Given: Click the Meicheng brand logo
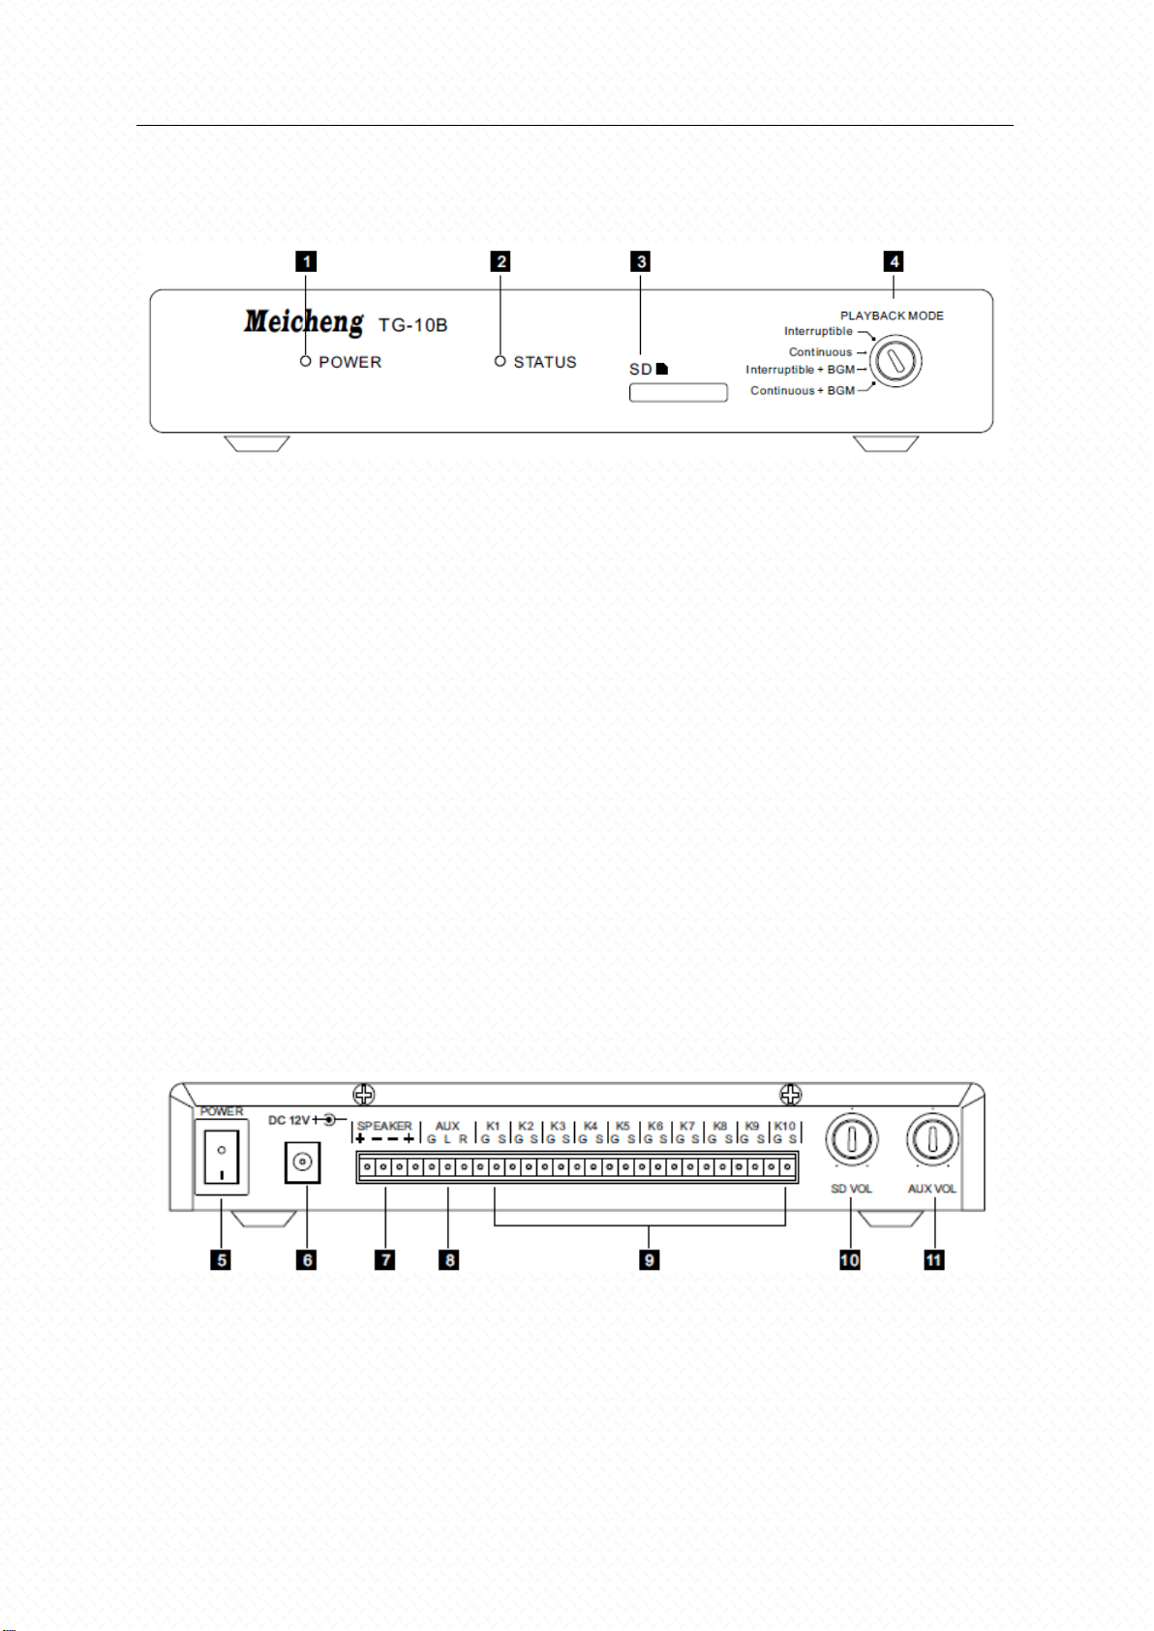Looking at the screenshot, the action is (304, 321).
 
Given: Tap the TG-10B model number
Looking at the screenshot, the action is (412, 325).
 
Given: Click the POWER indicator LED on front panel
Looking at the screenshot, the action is (306, 360).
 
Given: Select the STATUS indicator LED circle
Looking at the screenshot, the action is (500, 360).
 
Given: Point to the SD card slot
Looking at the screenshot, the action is (678, 392).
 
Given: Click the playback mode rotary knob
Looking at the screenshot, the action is (896, 360).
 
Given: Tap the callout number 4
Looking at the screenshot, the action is (894, 261).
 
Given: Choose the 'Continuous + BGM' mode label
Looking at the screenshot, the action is (803, 390).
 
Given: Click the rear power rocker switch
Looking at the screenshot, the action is (222, 1157).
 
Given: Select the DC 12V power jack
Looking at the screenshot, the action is (302, 1163).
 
